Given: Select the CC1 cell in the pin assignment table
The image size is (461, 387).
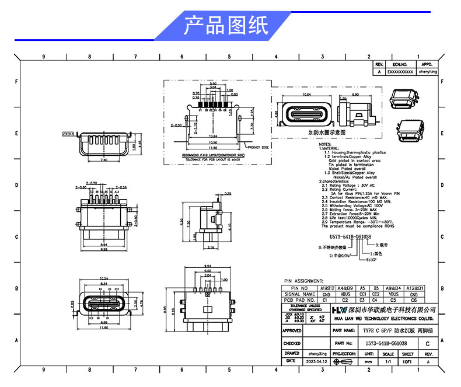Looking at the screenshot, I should pos(362,294).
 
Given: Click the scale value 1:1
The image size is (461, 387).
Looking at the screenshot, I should pos(387,361).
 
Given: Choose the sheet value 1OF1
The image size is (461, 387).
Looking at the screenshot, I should pos(407,361).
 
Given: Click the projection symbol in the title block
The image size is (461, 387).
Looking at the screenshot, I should pos(344,361).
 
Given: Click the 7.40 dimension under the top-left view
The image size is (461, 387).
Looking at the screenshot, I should pos(104,159).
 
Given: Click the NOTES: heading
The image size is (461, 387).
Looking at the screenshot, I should pos(325,143).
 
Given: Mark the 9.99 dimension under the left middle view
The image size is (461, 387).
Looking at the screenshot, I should pos(104,249).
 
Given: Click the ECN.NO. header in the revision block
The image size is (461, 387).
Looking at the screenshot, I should pos(400,65).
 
